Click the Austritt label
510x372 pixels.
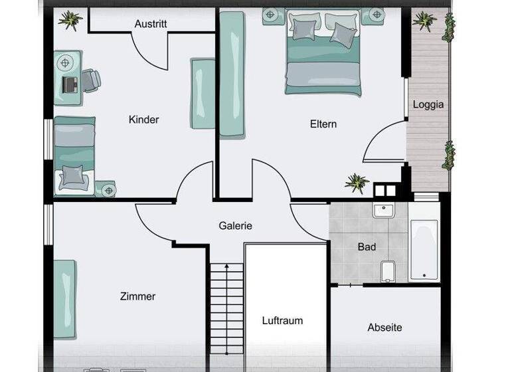click(151, 24)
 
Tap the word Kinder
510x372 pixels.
click(144, 120)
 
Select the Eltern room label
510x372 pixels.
click(323, 124)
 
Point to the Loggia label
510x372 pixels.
click(428, 104)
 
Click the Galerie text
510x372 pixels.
click(236, 226)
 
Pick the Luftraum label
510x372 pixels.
click(282, 320)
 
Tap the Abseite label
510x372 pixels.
click(384, 327)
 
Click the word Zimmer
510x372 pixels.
click(137, 296)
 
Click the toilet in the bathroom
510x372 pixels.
click(388, 270)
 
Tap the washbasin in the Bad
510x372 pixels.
click(383, 211)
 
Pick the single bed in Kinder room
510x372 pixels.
click(74, 157)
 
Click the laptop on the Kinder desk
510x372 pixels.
click(70, 84)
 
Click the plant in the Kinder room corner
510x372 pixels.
click(70, 21)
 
